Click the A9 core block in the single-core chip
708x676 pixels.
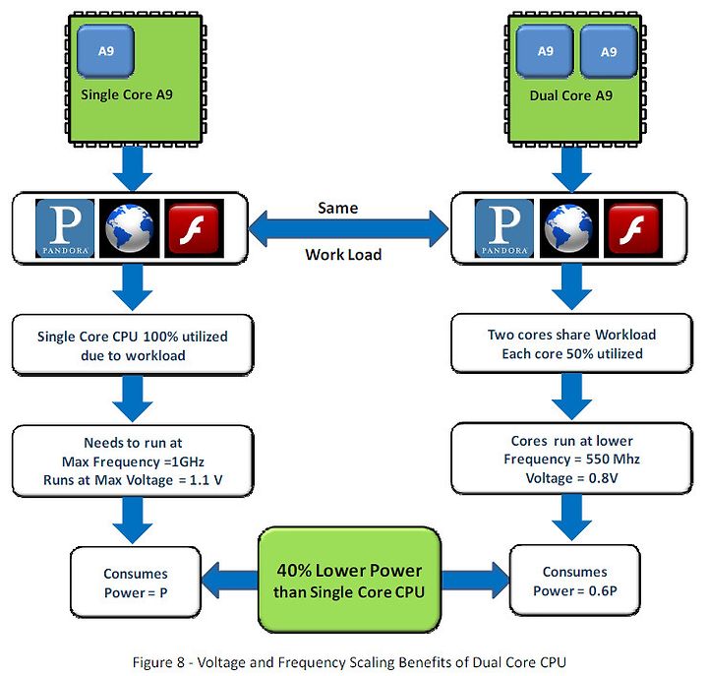[x=105, y=50]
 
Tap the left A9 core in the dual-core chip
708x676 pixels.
[x=545, y=51]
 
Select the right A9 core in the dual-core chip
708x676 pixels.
[x=609, y=51]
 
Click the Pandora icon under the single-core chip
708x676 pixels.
[x=65, y=228]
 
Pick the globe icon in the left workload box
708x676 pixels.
[x=130, y=228]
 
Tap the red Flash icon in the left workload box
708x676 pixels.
[x=194, y=228]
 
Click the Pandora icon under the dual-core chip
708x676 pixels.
[x=503, y=228]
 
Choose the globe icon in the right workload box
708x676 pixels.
[x=569, y=228]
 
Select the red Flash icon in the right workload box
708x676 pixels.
[x=633, y=228]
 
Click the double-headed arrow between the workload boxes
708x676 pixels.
[x=348, y=229]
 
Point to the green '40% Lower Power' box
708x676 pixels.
[x=349, y=581]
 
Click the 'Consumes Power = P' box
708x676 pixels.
[x=136, y=583]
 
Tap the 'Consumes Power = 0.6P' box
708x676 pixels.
[x=575, y=581]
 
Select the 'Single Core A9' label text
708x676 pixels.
[x=127, y=94]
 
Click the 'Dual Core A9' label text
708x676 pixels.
[x=571, y=95]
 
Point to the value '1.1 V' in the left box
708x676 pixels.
[x=206, y=480]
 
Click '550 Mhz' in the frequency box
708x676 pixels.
[x=613, y=460]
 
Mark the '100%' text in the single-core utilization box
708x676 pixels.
[x=160, y=337]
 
